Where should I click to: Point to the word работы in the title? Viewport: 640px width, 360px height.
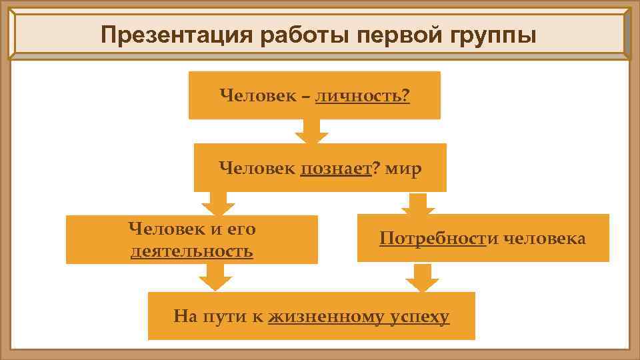tap(303, 35)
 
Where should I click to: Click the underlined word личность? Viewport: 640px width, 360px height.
tap(363, 97)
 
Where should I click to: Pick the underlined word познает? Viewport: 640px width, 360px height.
tap(336, 169)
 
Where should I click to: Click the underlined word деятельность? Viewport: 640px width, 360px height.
tap(192, 251)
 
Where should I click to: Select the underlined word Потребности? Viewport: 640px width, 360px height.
tap(433, 239)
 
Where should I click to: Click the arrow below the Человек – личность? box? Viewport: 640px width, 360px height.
tap(311, 132)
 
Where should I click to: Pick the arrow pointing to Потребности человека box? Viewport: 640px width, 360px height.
tap(418, 203)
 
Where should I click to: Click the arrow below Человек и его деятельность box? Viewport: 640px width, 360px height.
tap(215, 277)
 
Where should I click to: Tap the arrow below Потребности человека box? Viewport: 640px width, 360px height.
tap(421, 277)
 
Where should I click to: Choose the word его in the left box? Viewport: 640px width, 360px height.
tap(242, 230)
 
